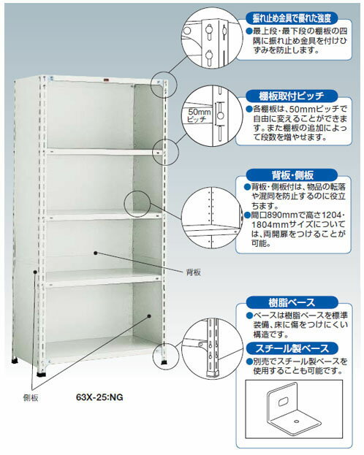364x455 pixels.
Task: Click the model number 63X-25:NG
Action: (99, 397)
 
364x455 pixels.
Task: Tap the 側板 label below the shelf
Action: (31, 398)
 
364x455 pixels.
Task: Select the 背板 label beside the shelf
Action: (193, 272)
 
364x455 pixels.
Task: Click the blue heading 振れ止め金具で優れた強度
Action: (292, 18)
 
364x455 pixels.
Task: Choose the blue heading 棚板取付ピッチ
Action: (292, 96)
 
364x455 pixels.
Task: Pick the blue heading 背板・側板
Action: (292, 175)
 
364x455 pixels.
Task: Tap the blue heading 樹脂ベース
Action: (292, 302)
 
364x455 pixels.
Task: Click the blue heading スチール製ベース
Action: (292, 348)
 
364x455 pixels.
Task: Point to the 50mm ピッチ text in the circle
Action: (199, 115)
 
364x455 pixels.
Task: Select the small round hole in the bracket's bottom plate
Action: (296, 421)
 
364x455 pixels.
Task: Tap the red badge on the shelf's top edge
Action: (106, 80)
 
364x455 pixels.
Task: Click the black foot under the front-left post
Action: (42, 373)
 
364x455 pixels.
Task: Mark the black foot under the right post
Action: (164, 362)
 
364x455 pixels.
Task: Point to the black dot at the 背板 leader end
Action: (95, 253)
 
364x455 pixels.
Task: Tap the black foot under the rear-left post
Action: (14, 361)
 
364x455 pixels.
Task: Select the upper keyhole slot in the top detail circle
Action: (208, 31)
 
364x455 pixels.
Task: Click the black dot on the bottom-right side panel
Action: (149, 316)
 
